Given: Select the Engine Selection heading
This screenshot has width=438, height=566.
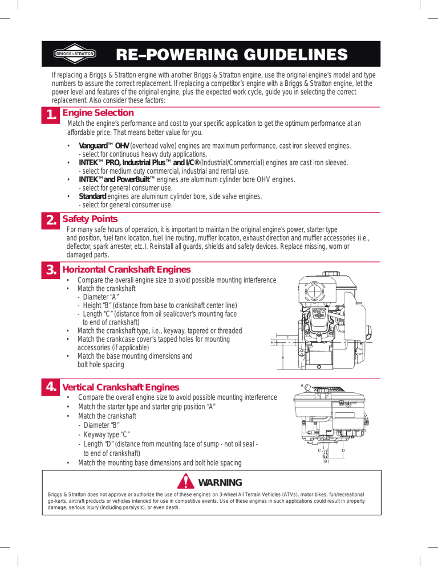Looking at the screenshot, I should click(98, 113).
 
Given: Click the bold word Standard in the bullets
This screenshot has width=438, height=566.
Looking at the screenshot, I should click(92, 196).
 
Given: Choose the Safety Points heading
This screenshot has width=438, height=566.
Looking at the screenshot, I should click(90, 219).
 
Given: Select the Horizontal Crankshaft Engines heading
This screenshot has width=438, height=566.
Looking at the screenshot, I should click(127, 269).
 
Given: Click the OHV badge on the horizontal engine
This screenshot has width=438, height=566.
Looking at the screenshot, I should click(318, 311).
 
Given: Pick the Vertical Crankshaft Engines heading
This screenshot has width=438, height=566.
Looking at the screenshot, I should click(120, 387).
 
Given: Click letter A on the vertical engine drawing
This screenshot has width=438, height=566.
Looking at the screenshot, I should click(302, 385).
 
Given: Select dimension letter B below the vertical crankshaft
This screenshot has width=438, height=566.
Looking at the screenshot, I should click(325, 461).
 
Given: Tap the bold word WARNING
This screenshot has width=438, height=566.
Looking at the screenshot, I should click(220, 483).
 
